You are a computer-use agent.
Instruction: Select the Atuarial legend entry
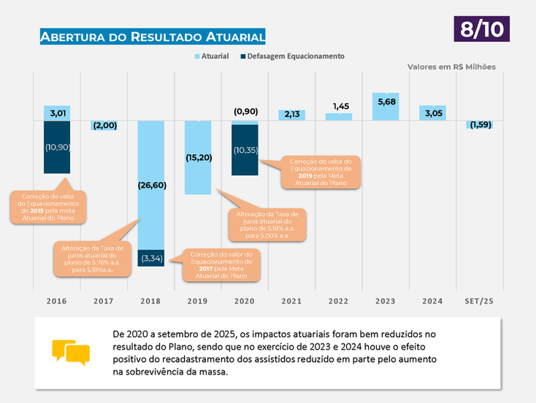click(x=212, y=56)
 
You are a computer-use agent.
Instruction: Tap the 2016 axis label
click(x=57, y=301)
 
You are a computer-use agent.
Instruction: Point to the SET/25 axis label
click(x=480, y=301)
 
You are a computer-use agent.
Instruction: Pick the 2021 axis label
click(x=292, y=301)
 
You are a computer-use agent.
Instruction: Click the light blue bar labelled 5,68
click(x=386, y=107)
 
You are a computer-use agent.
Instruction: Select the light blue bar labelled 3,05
click(x=432, y=113)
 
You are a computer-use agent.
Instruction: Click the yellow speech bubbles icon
click(x=71, y=352)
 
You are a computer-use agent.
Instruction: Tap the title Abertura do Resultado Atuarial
click(x=152, y=37)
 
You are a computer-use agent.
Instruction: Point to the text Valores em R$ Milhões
click(x=451, y=67)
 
